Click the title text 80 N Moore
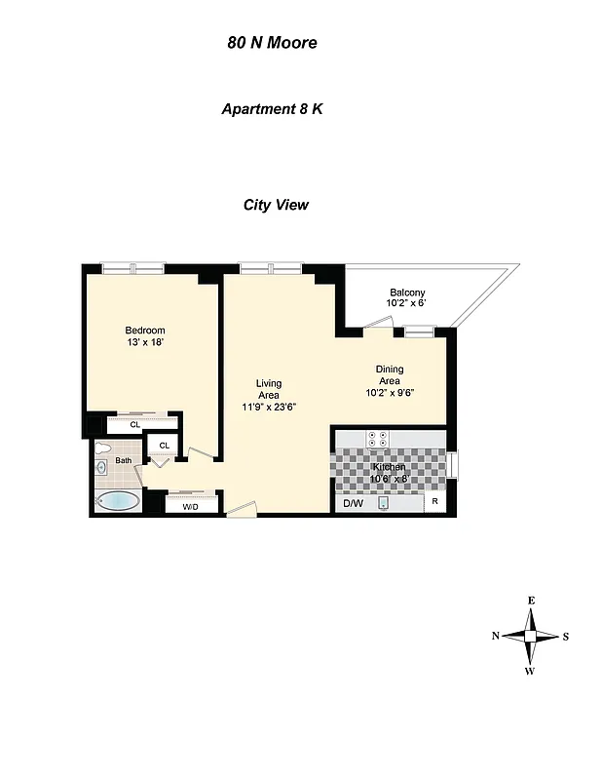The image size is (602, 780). pyautogui.click(x=272, y=43)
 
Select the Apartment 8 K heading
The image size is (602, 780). pyautogui.click(x=272, y=109)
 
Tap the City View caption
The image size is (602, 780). pyautogui.click(x=276, y=205)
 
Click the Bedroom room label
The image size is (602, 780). pyautogui.click(x=144, y=330)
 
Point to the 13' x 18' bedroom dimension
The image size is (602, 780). pyautogui.click(x=144, y=342)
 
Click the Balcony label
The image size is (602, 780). pyautogui.click(x=407, y=292)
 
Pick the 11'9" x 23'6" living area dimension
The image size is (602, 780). pyautogui.click(x=269, y=407)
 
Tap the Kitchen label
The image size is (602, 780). pyautogui.click(x=389, y=467)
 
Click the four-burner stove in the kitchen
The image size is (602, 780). pyautogui.click(x=377, y=439)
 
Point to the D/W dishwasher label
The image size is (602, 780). pyautogui.click(x=351, y=503)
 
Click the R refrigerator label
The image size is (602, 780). pyautogui.click(x=434, y=503)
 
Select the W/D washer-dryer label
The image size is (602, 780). pyautogui.click(x=190, y=506)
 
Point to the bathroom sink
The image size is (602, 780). pyautogui.click(x=102, y=468)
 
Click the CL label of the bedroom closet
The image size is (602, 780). pyautogui.click(x=135, y=425)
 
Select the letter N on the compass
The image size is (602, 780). pyautogui.click(x=496, y=636)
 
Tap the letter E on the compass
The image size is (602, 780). pyautogui.click(x=531, y=601)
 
